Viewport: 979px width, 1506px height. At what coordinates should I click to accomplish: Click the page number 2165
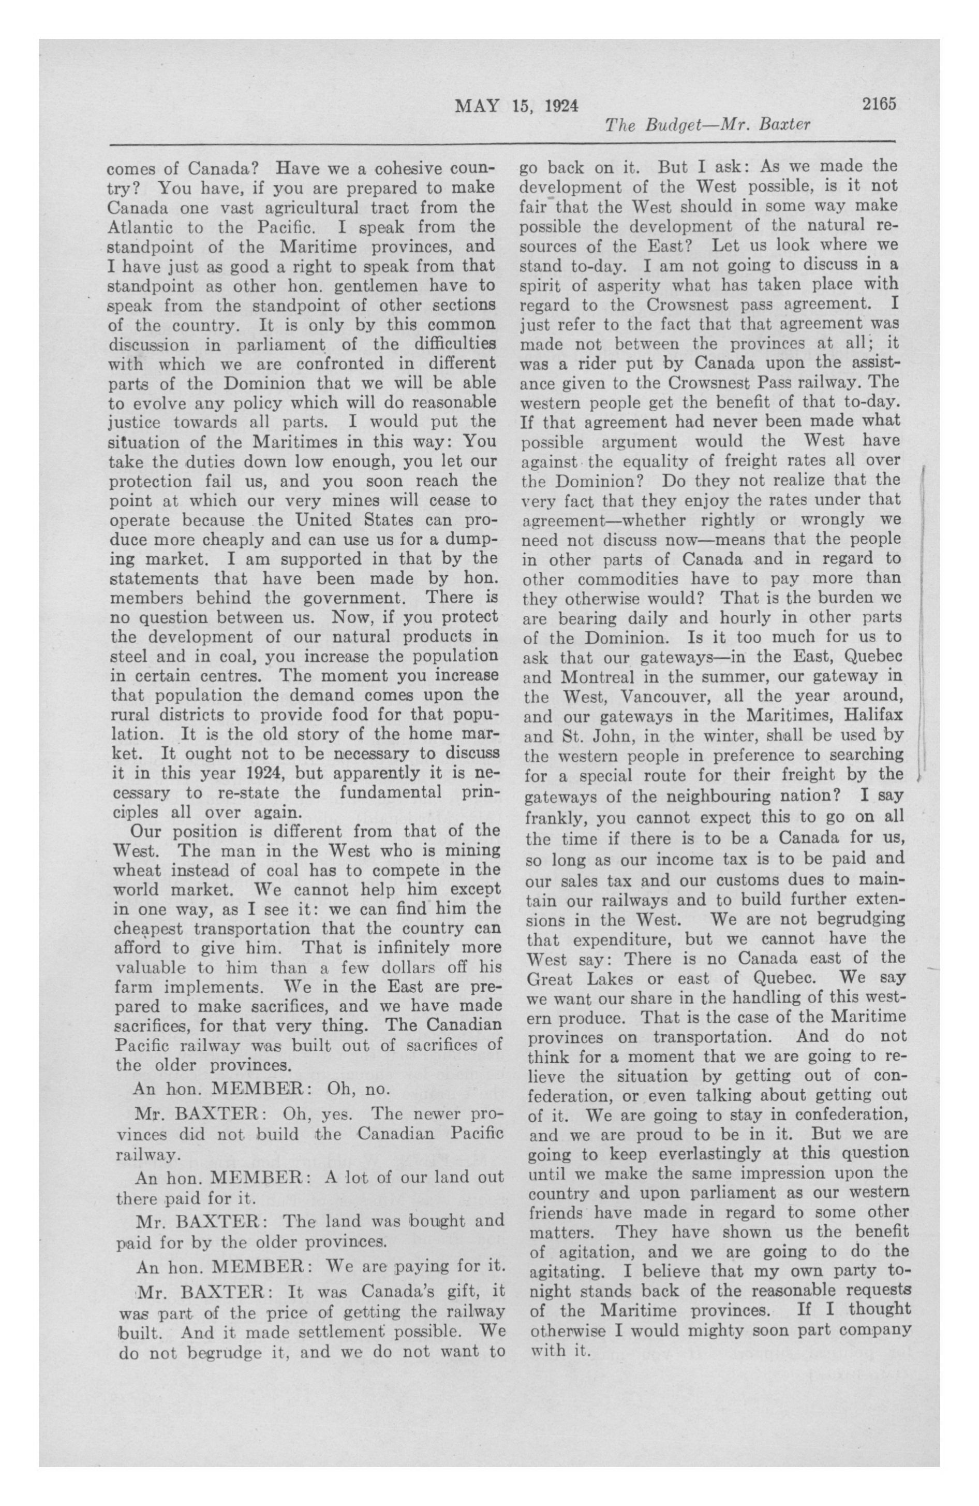879,104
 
